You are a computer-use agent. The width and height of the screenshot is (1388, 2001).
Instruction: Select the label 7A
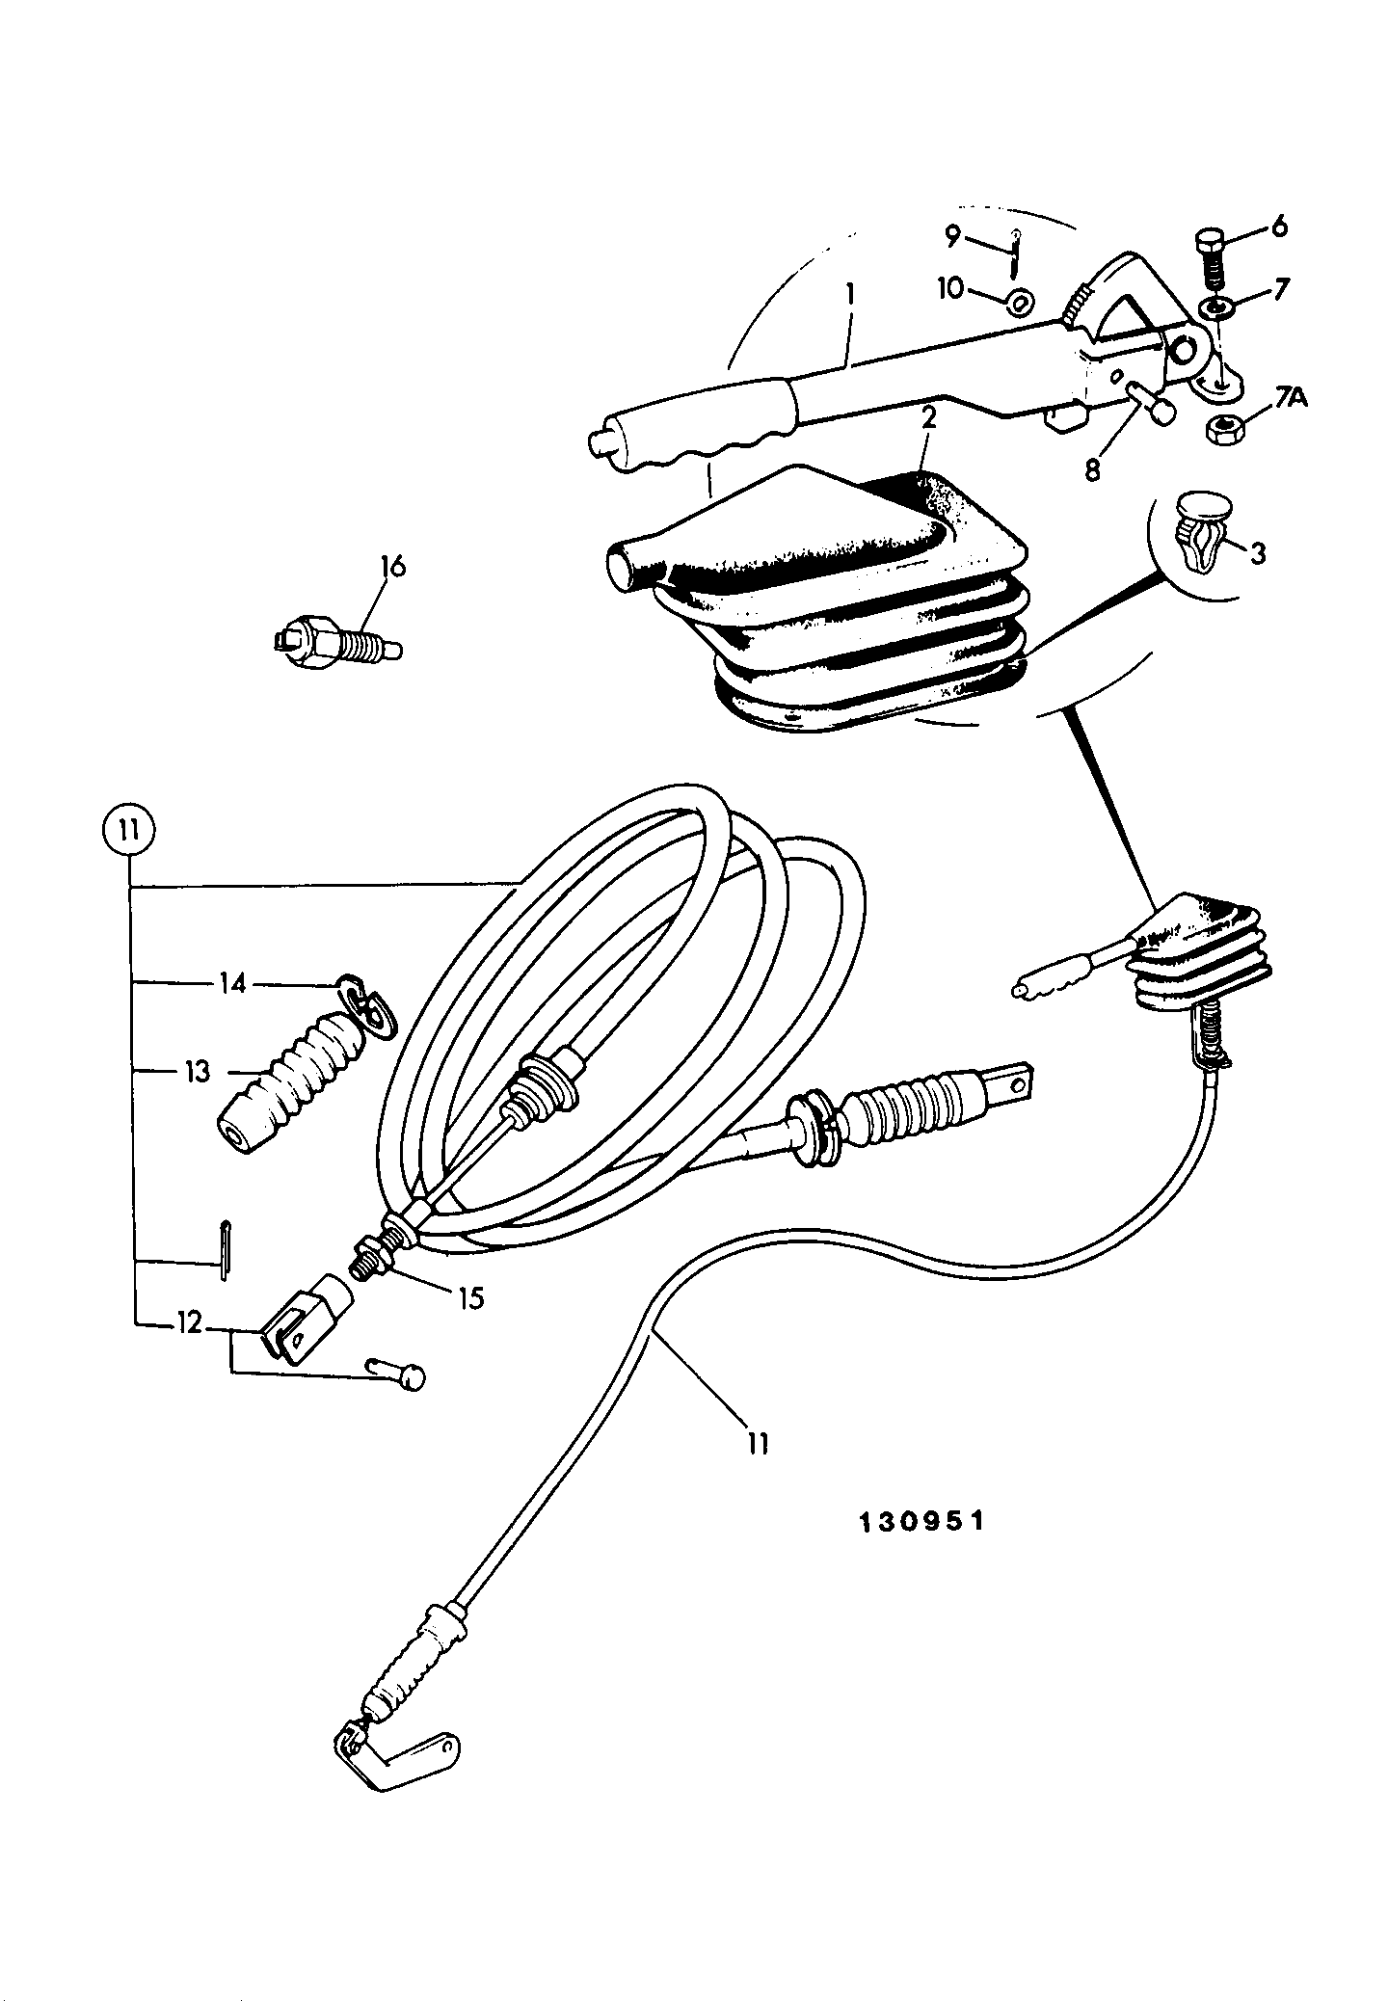(1292, 395)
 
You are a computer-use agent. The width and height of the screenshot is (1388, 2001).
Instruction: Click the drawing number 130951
(921, 1520)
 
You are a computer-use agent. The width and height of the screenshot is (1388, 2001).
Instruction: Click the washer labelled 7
(1217, 307)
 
